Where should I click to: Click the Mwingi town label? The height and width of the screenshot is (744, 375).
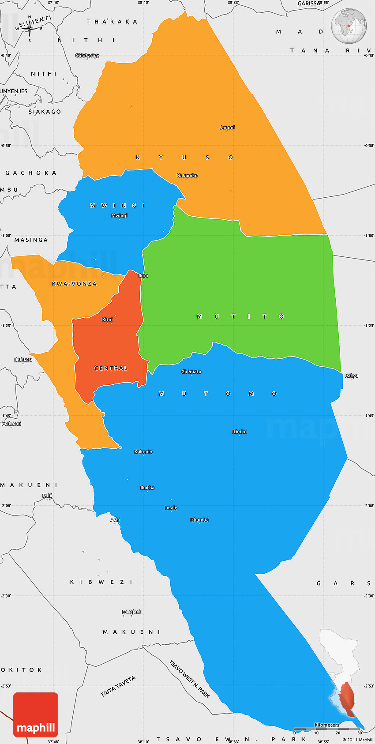(119, 215)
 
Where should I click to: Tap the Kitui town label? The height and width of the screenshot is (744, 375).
(108, 319)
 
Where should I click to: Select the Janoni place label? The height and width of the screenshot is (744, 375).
(227, 128)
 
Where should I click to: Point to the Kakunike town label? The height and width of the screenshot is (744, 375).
(187, 176)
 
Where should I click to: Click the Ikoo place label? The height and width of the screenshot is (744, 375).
(143, 276)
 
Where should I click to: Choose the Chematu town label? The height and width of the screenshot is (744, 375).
(191, 372)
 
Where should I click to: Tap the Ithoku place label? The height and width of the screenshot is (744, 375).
(240, 432)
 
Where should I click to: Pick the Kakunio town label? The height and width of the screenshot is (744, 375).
(143, 452)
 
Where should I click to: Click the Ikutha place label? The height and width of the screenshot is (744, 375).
(147, 488)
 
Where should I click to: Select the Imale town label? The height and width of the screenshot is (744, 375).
(171, 508)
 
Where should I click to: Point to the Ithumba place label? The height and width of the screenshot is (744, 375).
(199, 520)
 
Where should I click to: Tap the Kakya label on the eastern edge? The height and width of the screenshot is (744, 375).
(351, 376)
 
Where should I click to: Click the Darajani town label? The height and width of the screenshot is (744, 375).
(131, 612)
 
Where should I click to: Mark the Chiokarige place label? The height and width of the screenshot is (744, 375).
(87, 56)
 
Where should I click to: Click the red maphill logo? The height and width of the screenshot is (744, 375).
(36, 714)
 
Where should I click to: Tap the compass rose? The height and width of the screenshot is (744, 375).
(30, 30)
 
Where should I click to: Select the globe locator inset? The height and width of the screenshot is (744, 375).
(349, 26)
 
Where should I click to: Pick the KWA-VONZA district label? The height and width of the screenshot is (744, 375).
(74, 284)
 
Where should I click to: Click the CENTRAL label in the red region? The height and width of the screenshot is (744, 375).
(111, 368)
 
